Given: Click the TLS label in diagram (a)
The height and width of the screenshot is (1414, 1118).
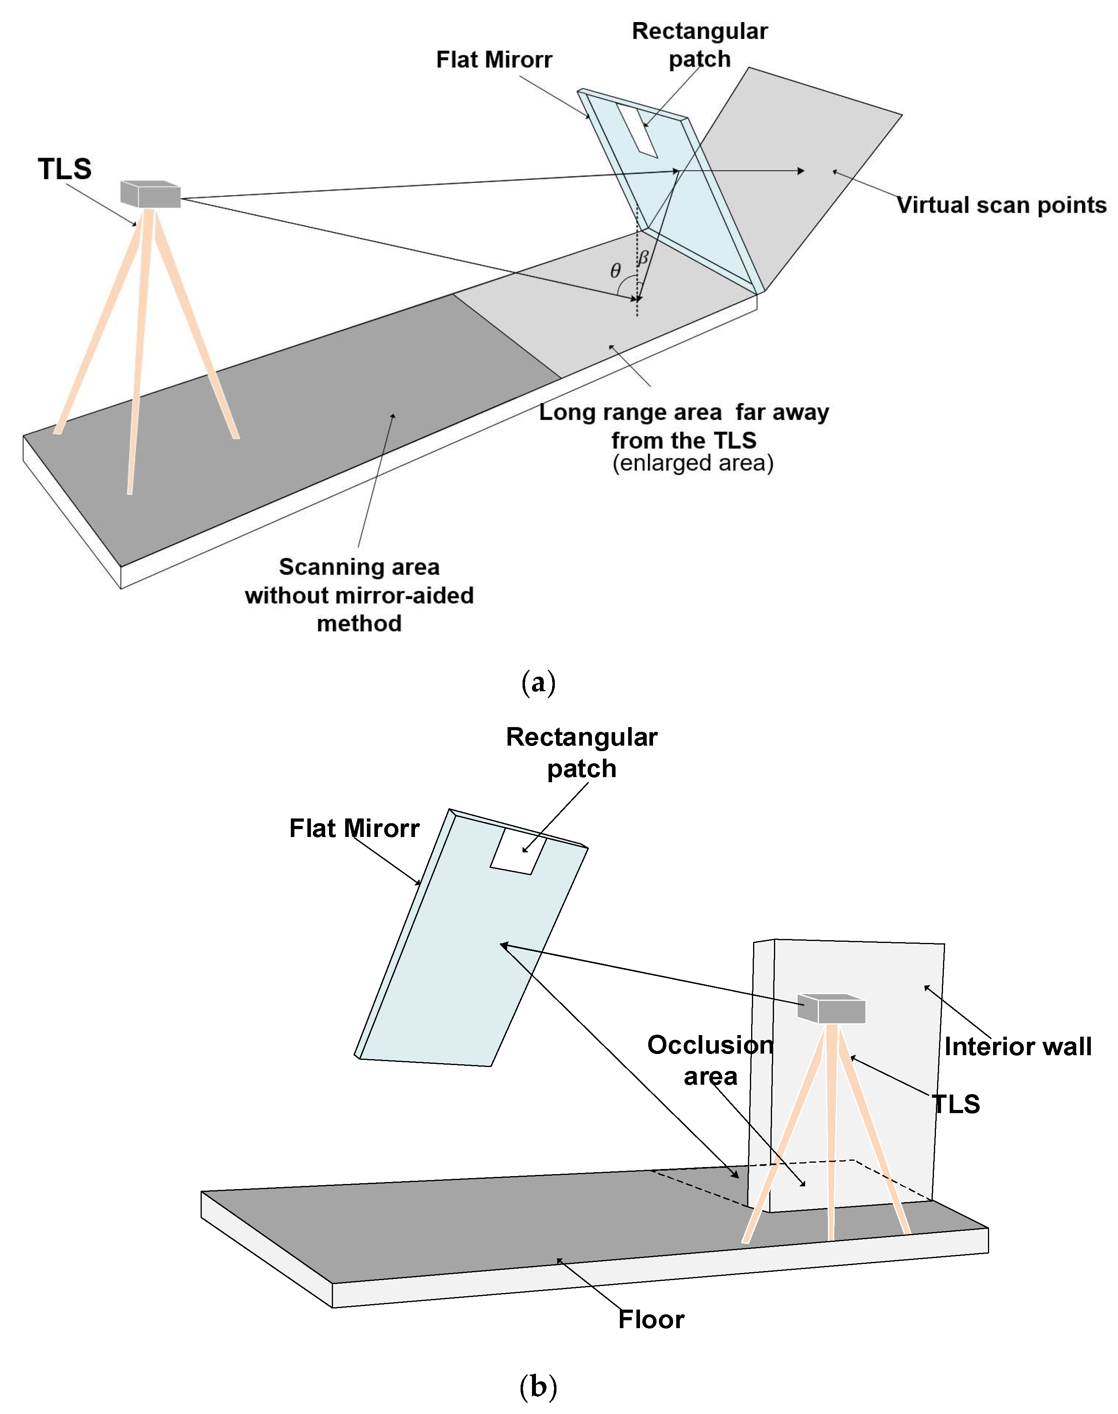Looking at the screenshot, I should [64, 169].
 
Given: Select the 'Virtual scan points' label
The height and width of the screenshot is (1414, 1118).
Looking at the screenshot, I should [1001, 205].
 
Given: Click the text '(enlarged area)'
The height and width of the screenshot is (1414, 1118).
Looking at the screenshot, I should [692, 463].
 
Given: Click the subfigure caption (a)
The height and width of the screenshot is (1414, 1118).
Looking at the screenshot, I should [538, 683].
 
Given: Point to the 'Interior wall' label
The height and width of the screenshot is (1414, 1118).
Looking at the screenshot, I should [1017, 1046].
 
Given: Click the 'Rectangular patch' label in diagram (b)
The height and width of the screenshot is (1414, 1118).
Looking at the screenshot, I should [581, 752].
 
